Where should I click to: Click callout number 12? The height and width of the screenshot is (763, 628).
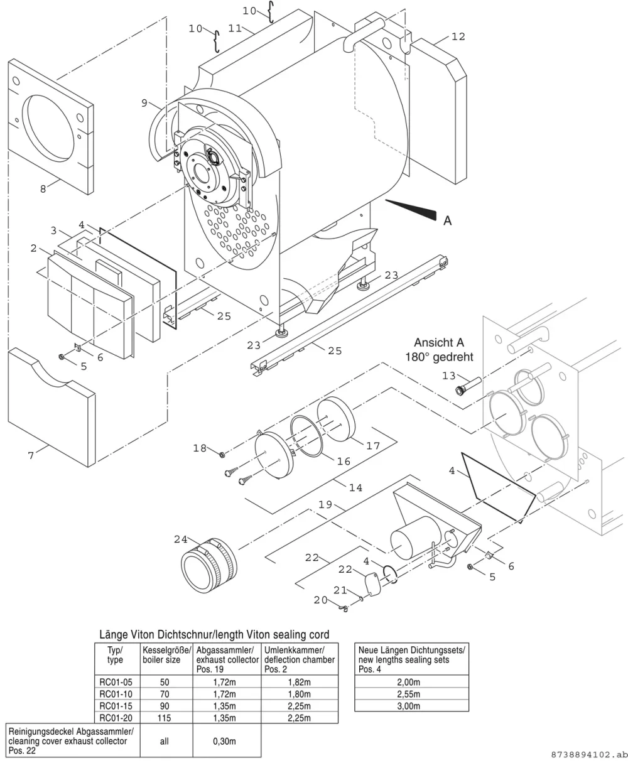click(458, 36)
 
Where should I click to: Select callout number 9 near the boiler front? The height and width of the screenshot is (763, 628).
click(144, 103)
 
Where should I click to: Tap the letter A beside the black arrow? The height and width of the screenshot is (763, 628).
click(448, 220)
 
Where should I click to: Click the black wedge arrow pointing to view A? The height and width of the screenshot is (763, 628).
click(411, 210)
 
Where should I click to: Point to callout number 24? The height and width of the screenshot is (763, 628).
click(181, 539)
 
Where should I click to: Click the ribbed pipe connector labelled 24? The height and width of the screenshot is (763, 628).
click(208, 565)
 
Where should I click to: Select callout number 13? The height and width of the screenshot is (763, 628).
click(449, 376)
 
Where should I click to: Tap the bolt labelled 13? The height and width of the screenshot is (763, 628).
click(468, 386)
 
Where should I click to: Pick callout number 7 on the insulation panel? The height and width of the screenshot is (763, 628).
click(31, 455)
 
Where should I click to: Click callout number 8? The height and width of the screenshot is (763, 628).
click(43, 189)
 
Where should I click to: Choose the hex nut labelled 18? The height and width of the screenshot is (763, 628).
click(222, 455)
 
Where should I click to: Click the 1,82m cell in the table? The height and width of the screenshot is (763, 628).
click(299, 682)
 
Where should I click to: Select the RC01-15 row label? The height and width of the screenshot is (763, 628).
click(116, 706)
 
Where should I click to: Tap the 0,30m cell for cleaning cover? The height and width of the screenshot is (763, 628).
click(224, 741)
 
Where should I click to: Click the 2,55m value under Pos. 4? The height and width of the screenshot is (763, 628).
click(408, 694)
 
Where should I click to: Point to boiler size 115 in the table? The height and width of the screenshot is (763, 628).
click(165, 718)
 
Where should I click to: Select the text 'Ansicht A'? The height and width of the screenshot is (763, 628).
click(438, 342)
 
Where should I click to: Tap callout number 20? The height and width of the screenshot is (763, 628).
click(320, 600)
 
